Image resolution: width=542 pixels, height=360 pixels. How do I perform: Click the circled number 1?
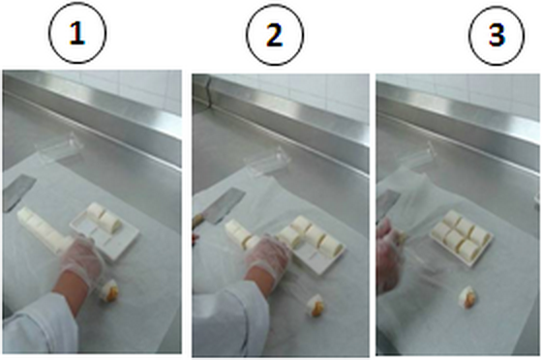[x=77, y=34]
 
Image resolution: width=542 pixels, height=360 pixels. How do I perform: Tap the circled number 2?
[x=275, y=35]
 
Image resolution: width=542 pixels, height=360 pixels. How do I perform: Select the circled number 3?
[x=497, y=35]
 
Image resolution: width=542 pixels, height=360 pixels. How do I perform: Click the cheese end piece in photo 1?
[x=109, y=292]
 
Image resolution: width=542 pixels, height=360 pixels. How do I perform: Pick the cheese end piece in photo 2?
[x=316, y=306]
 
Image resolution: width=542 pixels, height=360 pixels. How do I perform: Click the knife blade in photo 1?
[x=18, y=192]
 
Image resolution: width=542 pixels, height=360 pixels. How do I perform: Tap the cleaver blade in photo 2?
[x=226, y=204]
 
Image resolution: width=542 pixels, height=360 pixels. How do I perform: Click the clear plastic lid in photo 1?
[x=59, y=149]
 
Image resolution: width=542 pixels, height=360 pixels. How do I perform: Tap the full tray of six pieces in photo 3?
[x=462, y=238]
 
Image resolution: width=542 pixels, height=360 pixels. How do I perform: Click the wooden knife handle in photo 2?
[x=199, y=221]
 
